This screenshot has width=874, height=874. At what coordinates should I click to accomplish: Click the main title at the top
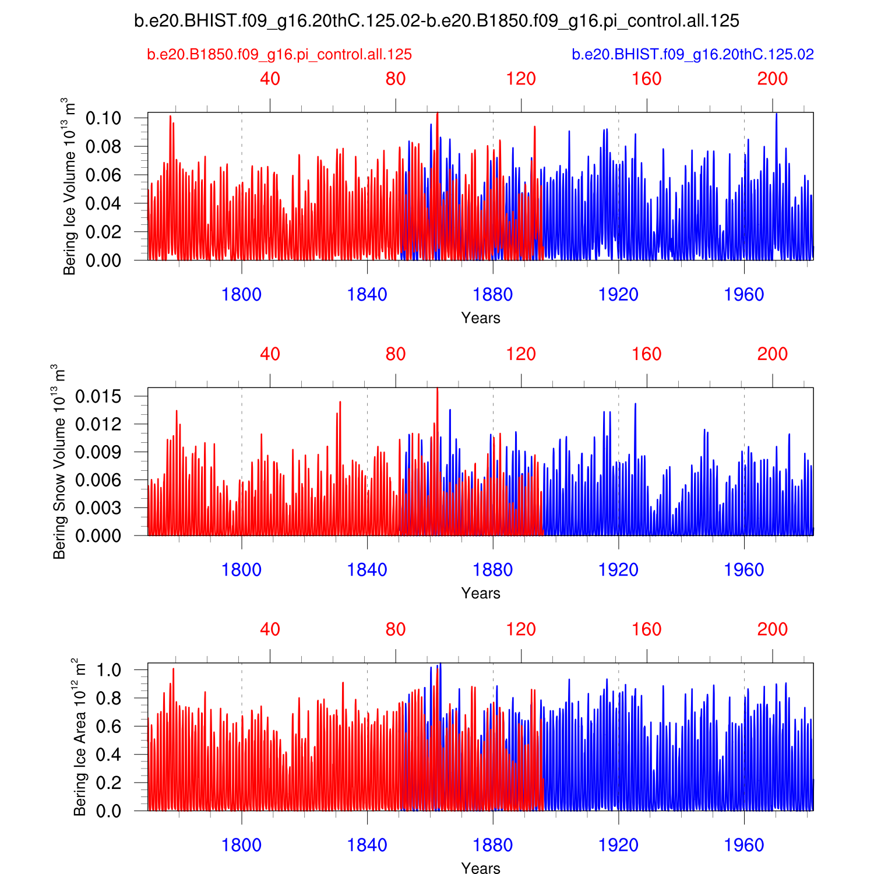point(436,21)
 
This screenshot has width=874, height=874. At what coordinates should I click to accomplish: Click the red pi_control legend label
point(279,55)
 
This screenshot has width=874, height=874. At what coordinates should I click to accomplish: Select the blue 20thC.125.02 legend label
point(692,55)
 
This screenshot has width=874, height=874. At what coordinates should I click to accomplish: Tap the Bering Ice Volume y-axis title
point(70,186)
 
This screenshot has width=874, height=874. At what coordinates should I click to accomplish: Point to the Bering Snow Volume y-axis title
point(59,461)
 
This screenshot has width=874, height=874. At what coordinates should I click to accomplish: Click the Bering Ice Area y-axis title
point(80,737)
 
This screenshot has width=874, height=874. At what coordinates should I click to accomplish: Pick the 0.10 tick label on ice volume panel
point(103,118)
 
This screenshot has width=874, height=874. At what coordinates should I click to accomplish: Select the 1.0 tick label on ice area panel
point(109,670)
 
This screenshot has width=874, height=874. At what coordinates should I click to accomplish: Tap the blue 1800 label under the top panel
point(241,295)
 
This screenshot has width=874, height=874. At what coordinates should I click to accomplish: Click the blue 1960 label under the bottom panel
point(743,845)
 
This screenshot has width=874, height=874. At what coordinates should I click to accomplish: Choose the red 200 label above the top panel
point(772,79)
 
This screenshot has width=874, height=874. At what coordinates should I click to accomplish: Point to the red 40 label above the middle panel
point(270,354)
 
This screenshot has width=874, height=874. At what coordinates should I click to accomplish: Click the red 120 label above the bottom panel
point(521,629)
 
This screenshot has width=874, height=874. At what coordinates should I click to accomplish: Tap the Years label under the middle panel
point(480,593)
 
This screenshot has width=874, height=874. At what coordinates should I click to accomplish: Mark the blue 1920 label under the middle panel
point(618,570)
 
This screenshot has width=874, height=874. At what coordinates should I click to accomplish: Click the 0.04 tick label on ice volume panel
point(103,203)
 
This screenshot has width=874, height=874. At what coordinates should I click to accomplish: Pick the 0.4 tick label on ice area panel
point(109,755)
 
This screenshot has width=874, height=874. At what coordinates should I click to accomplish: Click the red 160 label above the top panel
point(646,79)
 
